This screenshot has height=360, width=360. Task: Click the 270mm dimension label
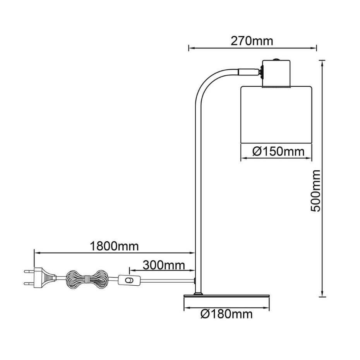click(x=252, y=41)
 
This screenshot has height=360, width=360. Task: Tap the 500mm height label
click(x=315, y=191)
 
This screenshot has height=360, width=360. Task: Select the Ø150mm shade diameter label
click(x=278, y=151)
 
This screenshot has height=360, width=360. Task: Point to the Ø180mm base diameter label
click(x=226, y=314)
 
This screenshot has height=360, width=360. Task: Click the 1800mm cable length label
click(x=114, y=247)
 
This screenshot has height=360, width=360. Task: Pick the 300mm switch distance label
click(x=164, y=266)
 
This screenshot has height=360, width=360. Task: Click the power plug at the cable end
click(x=40, y=278)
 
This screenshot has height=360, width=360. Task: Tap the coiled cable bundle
click(x=87, y=279)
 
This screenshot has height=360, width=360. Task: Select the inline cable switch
click(x=129, y=280)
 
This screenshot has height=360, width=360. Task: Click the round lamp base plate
click(x=226, y=297)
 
